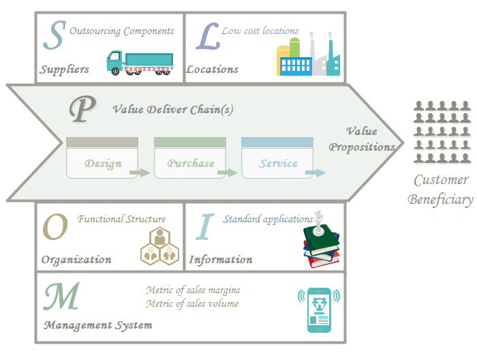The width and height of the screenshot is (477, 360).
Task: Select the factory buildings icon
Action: coord(307,55)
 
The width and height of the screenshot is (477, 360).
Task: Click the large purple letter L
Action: coord(207,38)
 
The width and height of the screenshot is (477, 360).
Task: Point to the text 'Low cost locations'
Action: coord(260,31)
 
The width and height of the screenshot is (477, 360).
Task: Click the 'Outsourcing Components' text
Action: coord(122,31)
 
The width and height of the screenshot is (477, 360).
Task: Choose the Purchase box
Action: coord(190,163)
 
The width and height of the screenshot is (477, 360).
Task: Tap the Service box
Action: coord(277,163)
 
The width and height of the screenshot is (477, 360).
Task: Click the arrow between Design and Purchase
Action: coord(140,172)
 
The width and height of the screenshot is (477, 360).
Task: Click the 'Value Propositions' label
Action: coord(362,139)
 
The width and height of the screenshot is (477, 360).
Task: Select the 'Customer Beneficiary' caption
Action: coord(440,190)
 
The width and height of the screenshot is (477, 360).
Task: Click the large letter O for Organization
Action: coord(55,228)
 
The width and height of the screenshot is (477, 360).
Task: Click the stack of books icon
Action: coord(321,243)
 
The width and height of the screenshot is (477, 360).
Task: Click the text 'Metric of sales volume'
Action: coord(192,303)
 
